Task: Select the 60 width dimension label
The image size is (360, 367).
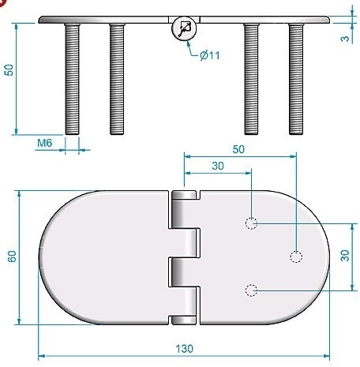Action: click(12, 257)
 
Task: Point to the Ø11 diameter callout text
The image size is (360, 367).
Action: click(211, 54)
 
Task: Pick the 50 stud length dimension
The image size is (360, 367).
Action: click(9, 69)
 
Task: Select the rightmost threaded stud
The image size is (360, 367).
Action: click(296, 78)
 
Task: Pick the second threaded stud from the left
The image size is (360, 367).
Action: click(117, 78)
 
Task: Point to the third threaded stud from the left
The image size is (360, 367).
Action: click(251, 78)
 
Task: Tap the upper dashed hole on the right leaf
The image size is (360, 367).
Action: click(251, 223)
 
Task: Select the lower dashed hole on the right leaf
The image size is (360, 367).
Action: click(251, 291)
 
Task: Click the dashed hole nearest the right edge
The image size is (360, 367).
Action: click(296, 257)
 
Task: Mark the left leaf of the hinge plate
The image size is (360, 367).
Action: click(107, 257)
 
